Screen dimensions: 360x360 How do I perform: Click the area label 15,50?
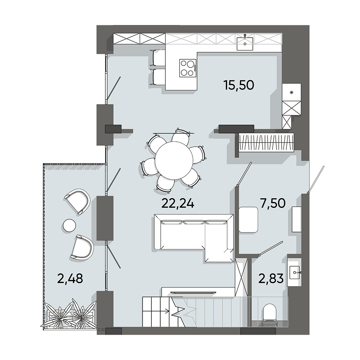(x=239, y=85)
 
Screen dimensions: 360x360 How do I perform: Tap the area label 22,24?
(x=178, y=203)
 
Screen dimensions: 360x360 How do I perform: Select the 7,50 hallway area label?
(x=273, y=203)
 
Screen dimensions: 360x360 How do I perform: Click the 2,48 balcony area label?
(x=70, y=278)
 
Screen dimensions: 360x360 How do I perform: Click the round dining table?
(x=174, y=159)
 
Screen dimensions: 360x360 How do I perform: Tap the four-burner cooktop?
(x=188, y=68)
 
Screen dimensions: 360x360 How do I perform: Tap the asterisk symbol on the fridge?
(x=292, y=92)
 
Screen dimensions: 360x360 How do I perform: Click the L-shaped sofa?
(x=193, y=237)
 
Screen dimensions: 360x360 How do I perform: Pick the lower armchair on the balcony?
(x=82, y=247)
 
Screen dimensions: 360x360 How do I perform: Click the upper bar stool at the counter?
(x=158, y=58)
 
